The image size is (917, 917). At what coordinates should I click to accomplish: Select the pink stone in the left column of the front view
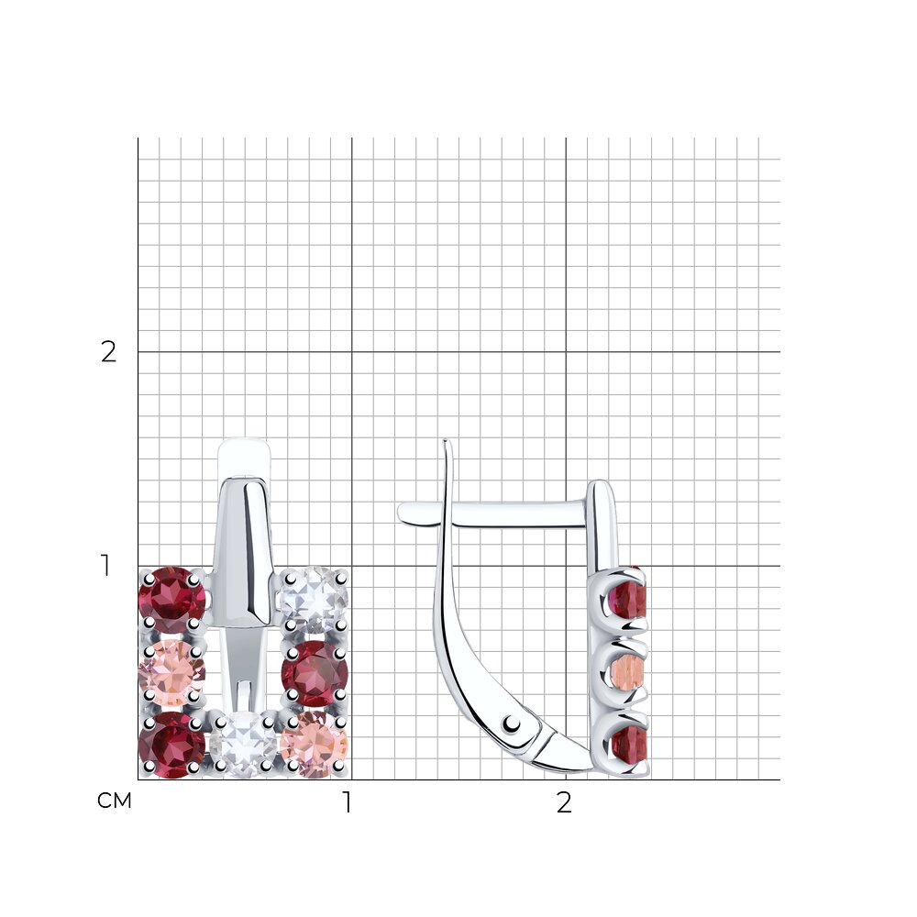tap(171, 672)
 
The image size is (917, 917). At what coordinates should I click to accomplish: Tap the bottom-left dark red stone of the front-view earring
tap(171, 745)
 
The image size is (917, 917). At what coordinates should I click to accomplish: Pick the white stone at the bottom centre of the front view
tap(243, 745)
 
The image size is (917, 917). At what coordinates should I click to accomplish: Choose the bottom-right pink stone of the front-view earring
tap(315, 745)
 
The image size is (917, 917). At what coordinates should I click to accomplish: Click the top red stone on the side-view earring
tap(628, 599)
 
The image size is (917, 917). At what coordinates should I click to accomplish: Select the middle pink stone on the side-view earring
tap(628, 670)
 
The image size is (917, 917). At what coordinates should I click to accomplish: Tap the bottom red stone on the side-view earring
tap(629, 745)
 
